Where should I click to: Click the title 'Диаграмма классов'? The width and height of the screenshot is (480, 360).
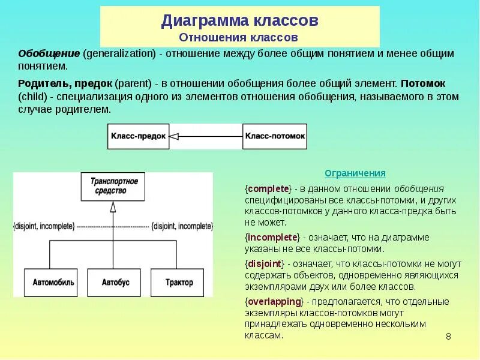click(x=239, y=21)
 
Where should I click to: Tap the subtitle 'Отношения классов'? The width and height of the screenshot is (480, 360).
click(x=239, y=37)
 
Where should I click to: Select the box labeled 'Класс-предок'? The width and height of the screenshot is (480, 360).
click(x=138, y=136)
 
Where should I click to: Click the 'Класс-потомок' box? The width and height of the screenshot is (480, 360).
click(x=275, y=136)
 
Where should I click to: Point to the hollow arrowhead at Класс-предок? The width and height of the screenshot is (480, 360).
click(x=174, y=136)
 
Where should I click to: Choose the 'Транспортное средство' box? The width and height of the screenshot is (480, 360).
click(x=113, y=186)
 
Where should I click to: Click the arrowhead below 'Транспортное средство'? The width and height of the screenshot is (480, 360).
click(x=113, y=207)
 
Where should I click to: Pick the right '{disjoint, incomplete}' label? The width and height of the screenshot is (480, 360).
click(x=182, y=226)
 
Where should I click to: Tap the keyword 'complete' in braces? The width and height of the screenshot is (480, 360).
click(x=268, y=188)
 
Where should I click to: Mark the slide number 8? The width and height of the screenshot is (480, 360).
click(x=448, y=336)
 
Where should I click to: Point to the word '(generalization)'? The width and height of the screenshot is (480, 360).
click(x=119, y=53)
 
